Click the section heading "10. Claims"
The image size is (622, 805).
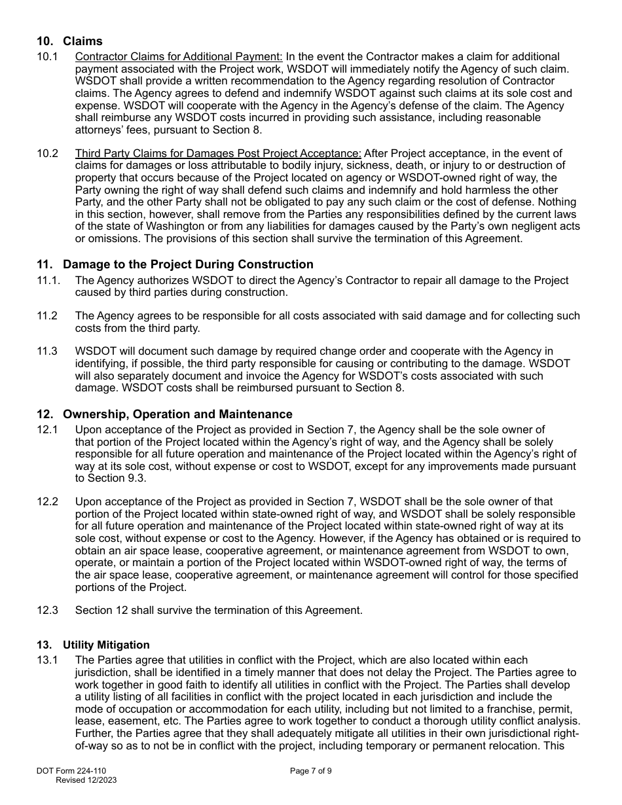point(69,41)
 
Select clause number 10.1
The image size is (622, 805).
point(47,57)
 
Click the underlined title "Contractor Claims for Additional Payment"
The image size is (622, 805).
point(179,57)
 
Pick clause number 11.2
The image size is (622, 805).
point(47,316)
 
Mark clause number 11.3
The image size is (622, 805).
point(47,351)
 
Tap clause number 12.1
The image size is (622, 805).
point(47,430)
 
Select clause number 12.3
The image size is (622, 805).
point(47,611)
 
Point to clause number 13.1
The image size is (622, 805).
point(47,660)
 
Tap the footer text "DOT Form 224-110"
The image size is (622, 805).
point(71,771)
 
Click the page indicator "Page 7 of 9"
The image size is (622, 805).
point(310,771)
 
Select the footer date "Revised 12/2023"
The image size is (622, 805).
point(86,780)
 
